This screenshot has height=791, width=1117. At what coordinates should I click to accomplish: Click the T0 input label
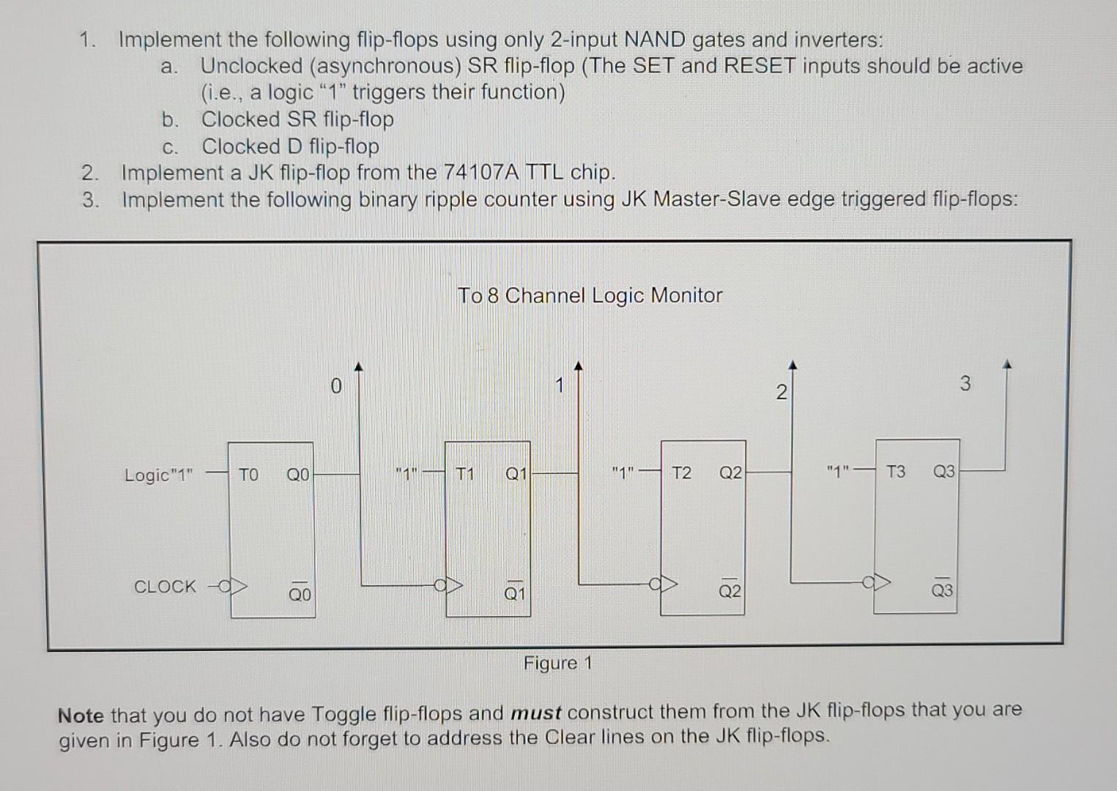tap(248, 475)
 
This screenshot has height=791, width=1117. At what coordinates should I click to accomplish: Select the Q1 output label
tap(516, 474)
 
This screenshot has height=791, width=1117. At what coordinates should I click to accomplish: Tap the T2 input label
tap(681, 472)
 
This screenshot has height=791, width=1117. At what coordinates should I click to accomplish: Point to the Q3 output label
tap(943, 471)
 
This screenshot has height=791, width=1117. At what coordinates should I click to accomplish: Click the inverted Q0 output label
tap(299, 594)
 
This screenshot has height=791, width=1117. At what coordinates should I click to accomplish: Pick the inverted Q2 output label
tap(729, 590)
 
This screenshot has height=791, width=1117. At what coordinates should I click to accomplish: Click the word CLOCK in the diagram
tap(165, 587)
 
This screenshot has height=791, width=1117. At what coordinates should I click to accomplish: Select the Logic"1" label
tap(158, 475)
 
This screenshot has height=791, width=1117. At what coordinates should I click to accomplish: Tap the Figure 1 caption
tap(557, 664)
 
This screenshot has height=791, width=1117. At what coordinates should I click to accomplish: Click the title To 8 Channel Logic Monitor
tap(590, 295)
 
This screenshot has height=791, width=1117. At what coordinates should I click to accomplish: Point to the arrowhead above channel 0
tap(358, 365)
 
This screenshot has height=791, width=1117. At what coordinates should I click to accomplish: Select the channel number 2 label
tap(781, 392)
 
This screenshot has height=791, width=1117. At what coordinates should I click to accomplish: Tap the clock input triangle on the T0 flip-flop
tap(240, 587)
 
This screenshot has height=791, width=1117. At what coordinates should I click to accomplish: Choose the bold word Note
tap(81, 715)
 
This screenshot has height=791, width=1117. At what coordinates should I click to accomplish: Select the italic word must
tap(535, 712)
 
